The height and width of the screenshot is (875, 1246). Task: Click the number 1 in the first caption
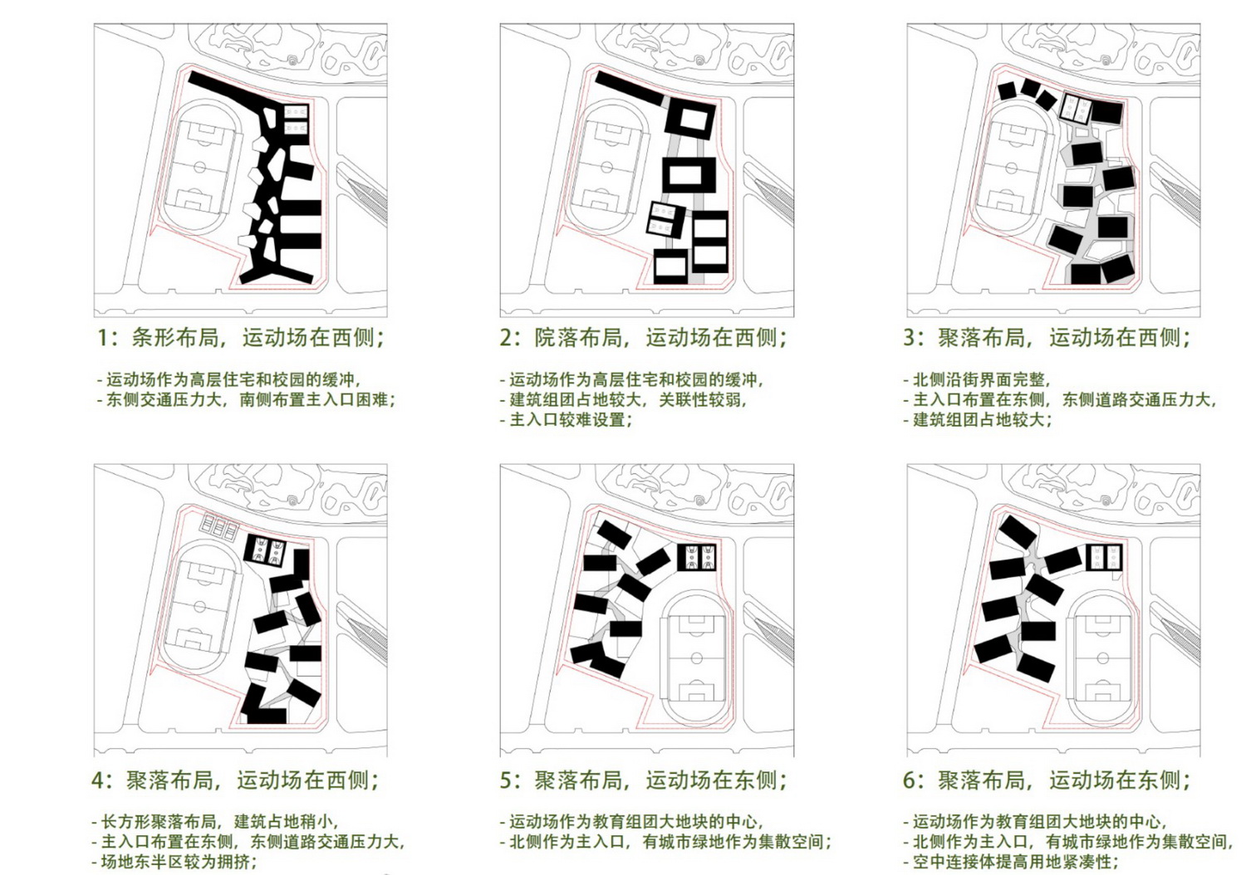point(103,338)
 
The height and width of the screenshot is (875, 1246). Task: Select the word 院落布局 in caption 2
point(578,338)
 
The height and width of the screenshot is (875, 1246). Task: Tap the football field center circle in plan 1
point(200,167)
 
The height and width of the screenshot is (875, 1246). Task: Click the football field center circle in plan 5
point(696,658)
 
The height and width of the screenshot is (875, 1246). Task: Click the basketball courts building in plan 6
point(1104,557)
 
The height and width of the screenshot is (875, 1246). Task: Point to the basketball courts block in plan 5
point(698,557)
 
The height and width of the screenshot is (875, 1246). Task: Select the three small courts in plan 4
point(218,525)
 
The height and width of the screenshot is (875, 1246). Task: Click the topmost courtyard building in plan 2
point(689,119)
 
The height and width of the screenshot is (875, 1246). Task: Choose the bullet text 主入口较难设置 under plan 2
point(570,420)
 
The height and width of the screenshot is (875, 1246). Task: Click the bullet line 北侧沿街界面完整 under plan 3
point(980,380)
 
